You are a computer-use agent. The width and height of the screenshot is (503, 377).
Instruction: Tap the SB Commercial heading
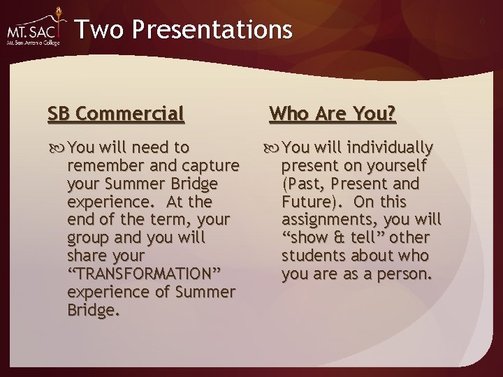(x=116, y=113)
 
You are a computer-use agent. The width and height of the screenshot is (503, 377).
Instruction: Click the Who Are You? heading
(x=333, y=113)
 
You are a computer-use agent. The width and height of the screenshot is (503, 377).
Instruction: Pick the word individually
(x=391, y=148)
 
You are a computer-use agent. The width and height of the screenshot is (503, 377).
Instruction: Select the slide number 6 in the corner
(x=481, y=22)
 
